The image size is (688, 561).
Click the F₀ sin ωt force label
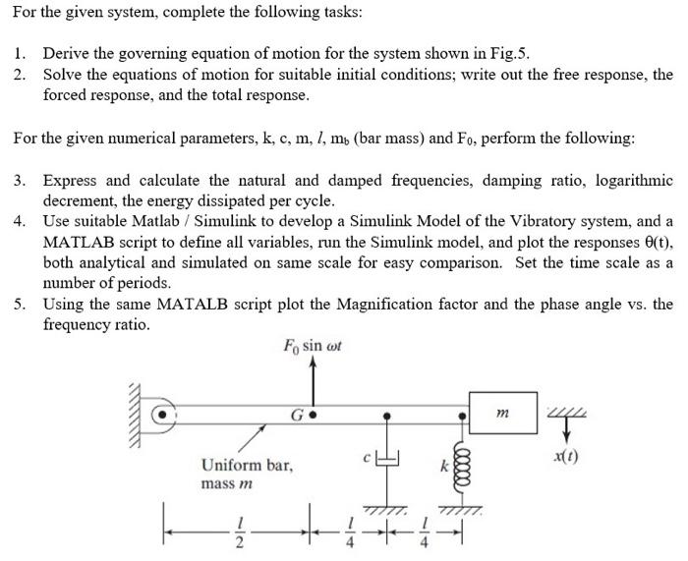[x=312, y=346]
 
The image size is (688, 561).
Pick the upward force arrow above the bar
[x=313, y=378]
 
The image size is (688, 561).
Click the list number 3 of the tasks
[x=20, y=181]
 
